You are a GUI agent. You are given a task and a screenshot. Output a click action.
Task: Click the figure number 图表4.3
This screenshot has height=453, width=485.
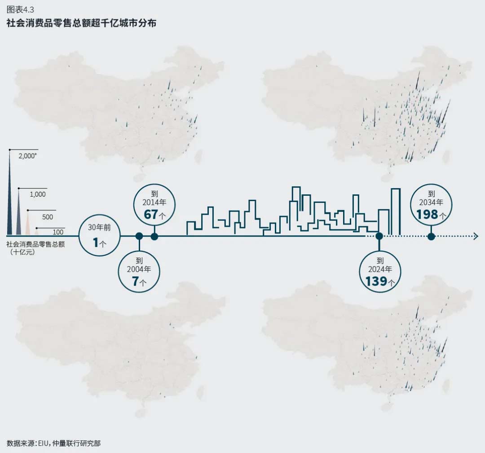click(x=21, y=10)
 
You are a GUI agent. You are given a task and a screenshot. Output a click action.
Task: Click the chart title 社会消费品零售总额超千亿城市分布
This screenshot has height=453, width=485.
click(x=81, y=23)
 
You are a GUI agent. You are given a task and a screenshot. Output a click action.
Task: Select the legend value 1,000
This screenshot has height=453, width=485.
click(x=38, y=194)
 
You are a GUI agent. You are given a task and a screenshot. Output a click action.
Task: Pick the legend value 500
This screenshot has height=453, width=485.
click(x=47, y=217)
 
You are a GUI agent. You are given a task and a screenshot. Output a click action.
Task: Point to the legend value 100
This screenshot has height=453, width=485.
click(x=58, y=232)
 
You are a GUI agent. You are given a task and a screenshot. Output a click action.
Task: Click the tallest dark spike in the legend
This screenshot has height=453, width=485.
click(x=10, y=198)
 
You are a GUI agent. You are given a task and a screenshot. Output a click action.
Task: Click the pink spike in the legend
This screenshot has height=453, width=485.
click(x=28, y=224)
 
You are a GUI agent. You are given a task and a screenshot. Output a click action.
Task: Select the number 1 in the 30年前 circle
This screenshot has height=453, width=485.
click(x=96, y=243)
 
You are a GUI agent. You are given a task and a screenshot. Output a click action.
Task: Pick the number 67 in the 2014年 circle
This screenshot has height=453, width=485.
click(x=151, y=215)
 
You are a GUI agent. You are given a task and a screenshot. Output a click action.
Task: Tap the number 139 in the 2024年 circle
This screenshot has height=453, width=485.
click(x=376, y=281)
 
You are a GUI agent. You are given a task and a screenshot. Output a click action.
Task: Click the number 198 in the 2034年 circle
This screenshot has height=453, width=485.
click(x=427, y=215)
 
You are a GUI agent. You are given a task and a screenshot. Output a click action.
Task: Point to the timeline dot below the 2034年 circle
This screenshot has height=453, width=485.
click(x=431, y=236)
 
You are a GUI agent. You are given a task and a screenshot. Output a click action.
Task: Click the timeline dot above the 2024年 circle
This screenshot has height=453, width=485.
click(x=379, y=236)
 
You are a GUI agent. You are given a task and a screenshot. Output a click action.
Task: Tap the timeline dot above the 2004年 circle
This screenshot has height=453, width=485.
click(x=139, y=236)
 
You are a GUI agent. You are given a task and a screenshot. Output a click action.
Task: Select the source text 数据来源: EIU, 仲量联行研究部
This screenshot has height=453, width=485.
click(x=54, y=443)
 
